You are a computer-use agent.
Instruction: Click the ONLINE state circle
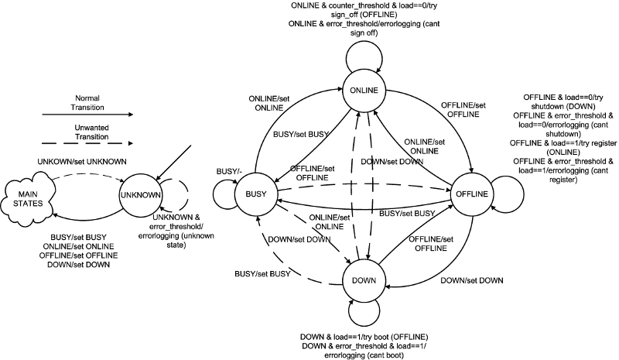[364, 91]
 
